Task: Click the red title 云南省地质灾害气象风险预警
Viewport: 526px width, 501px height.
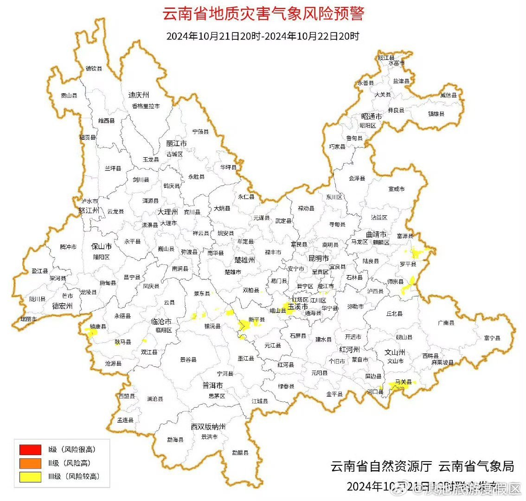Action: [x=263, y=13]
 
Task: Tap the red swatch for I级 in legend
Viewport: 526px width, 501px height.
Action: [x=30, y=450]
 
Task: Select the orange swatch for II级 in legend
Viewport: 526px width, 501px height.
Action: [x=30, y=463]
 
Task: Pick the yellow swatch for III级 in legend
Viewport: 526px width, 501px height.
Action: [x=30, y=476]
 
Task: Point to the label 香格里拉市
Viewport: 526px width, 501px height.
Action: [x=146, y=106]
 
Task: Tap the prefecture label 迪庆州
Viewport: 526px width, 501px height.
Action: [x=139, y=95]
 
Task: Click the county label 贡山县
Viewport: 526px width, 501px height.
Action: [x=69, y=96]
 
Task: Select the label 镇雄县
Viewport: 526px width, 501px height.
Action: [x=436, y=114]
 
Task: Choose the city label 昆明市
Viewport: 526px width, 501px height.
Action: [x=319, y=258]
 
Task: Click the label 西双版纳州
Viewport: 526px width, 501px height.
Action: [x=208, y=426]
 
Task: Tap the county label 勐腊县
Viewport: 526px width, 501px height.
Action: [x=240, y=452]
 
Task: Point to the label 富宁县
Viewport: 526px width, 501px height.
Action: [x=492, y=338]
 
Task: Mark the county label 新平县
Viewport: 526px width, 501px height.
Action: [x=257, y=320]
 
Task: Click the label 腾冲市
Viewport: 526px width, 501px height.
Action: [x=68, y=247]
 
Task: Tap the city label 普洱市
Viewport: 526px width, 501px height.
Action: [x=213, y=385]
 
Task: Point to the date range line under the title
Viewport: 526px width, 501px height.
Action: [x=263, y=36]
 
